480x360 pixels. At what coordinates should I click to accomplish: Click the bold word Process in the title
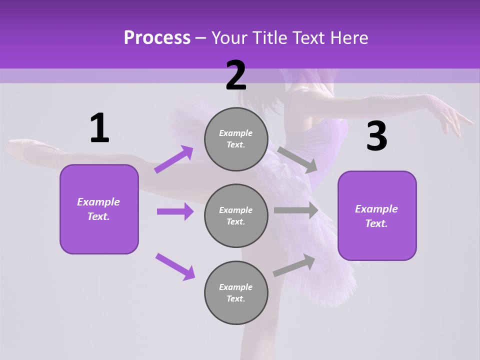(x=157, y=37)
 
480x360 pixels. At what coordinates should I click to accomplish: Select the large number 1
(x=99, y=128)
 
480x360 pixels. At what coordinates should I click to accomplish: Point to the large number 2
(x=236, y=75)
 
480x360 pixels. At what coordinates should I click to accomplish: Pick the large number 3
(x=376, y=136)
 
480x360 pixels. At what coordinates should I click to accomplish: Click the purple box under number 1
(x=99, y=209)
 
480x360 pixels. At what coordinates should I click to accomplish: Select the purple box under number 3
(x=377, y=216)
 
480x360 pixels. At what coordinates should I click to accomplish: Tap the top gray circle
(x=236, y=139)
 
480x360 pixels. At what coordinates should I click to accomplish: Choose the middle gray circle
(x=236, y=216)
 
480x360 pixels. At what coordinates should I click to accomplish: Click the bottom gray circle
(x=236, y=293)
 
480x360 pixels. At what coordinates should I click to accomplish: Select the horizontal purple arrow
(x=175, y=211)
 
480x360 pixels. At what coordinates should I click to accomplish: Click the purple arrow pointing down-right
(x=175, y=266)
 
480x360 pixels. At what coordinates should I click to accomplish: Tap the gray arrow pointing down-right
(x=298, y=159)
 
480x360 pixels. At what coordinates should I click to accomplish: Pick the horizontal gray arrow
(x=296, y=210)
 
